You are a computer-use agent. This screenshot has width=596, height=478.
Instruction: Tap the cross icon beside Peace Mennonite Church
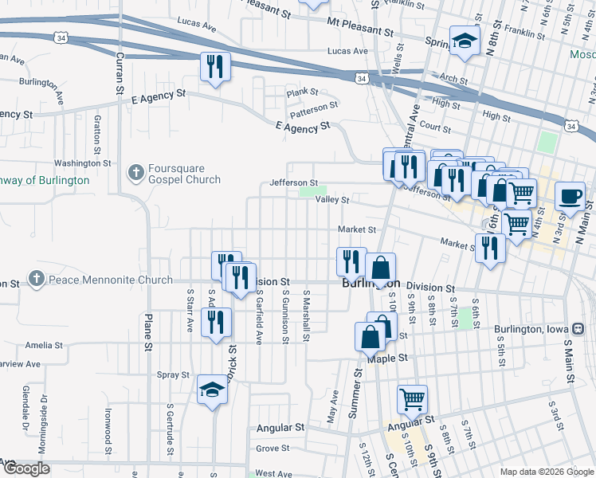pyautogui.click(x=36, y=280)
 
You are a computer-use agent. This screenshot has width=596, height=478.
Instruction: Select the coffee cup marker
pyautogui.click(x=570, y=196)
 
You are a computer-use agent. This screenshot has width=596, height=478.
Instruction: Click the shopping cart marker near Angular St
pyautogui.click(x=412, y=399)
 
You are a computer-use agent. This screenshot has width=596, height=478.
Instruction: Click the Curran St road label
pyautogui.click(x=120, y=72)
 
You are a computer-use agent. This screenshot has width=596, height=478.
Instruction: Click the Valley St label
pyautogui.click(x=333, y=200)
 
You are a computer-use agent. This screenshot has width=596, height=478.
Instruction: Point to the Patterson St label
pyautogui.click(x=313, y=105)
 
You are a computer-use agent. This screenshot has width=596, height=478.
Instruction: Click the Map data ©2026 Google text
pyautogui.click(x=547, y=472)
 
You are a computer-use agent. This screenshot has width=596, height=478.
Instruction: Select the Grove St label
pyautogui.click(x=273, y=449)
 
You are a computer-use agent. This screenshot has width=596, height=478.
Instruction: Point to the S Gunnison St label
pyautogui.click(x=285, y=316)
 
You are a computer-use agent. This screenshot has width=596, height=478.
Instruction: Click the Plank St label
pyautogui.click(x=303, y=92)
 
